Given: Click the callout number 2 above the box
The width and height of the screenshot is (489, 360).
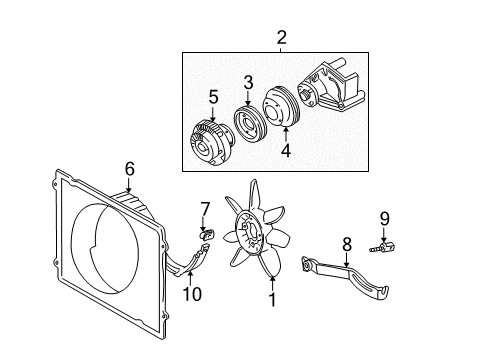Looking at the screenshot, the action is coord(282,38).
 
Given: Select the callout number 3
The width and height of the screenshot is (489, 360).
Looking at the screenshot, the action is coord(248,83).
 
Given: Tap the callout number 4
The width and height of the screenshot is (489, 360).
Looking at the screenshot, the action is coord(286,150).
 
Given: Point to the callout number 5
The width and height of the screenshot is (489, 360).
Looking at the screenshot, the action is coord(213,97).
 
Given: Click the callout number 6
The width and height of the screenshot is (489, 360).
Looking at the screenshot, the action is coord(130,169).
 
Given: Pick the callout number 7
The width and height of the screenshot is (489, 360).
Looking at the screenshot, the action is coord(205,209).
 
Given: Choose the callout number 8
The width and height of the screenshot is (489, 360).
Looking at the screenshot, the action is coord(347,244).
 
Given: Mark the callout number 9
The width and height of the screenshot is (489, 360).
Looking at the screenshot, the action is coord(384,219).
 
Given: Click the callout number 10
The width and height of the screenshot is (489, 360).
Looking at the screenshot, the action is coord(192,294).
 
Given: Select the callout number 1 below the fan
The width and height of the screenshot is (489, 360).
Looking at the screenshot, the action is coord(273,300).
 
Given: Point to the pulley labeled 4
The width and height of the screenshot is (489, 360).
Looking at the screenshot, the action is coord(282,107).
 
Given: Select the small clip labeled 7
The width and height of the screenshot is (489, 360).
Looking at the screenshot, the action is coord(207,235).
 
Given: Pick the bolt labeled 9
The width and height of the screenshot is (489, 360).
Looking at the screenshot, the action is coord(383,248).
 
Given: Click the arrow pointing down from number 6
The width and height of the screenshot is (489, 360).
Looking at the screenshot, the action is coord(129,184).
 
